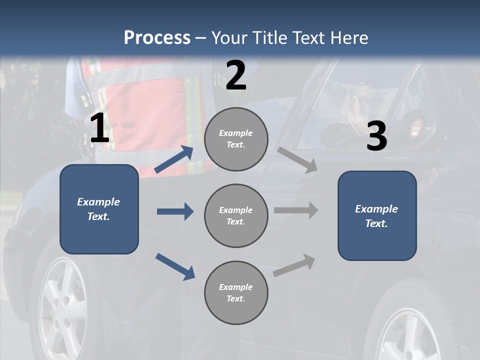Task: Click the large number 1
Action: pyautogui.click(x=99, y=128)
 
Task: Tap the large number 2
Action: pyautogui.click(x=236, y=75)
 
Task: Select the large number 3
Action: pyautogui.click(x=376, y=136)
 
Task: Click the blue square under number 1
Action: pyautogui.click(x=99, y=209)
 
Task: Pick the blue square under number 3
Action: pyautogui.click(x=377, y=215)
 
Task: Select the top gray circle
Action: pyautogui.click(x=236, y=139)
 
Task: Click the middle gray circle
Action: pyautogui.click(x=236, y=215)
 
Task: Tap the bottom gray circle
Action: pyautogui.click(x=236, y=292)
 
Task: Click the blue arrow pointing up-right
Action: pyautogui.click(x=174, y=159)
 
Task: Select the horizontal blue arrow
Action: pyautogui.click(x=175, y=211)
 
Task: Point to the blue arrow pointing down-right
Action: pyautogui.click(x=175, y=266)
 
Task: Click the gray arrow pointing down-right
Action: pyautogui.click(x=297, y=160)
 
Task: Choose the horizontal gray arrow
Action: pyautogui.click(x=296, y=210)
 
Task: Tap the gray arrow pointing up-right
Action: pyautogui.click(x=294, y=265)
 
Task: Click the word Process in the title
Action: pyautogui.click(x=157, y=37)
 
